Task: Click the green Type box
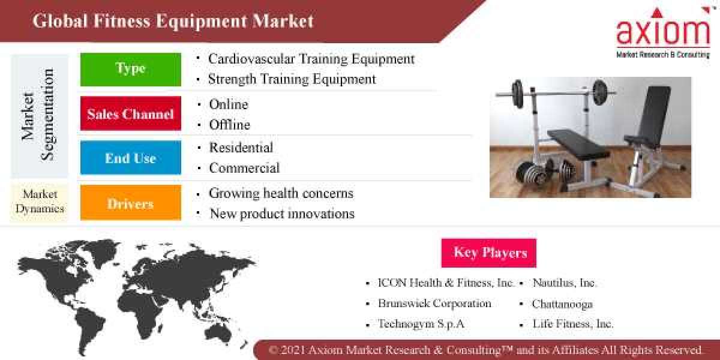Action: (x=130, y=69)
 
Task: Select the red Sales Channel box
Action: (x=130, y=113)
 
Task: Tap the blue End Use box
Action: (x=130, y=158)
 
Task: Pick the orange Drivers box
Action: (x=130, y=203)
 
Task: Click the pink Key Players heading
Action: (x=488, y=253)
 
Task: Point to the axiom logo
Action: (x=662, y=32)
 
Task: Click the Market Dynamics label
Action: (x=40, y=202)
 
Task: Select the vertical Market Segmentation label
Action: (x=39, y=114)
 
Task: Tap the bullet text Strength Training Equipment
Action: (x=292, y=79)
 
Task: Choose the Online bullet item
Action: (x=228, y=104)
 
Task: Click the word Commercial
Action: (x=244, y=168)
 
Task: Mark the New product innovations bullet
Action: (x=282, y=214)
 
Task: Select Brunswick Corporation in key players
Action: (x=434, y=304)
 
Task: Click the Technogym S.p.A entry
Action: (x=421, y=324)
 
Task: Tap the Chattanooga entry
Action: (x=562, y=304)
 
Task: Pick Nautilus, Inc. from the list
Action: (x=565, y=283)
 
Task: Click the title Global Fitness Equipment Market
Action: (x=173, y=21)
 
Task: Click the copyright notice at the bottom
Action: (x=485, y=350)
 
